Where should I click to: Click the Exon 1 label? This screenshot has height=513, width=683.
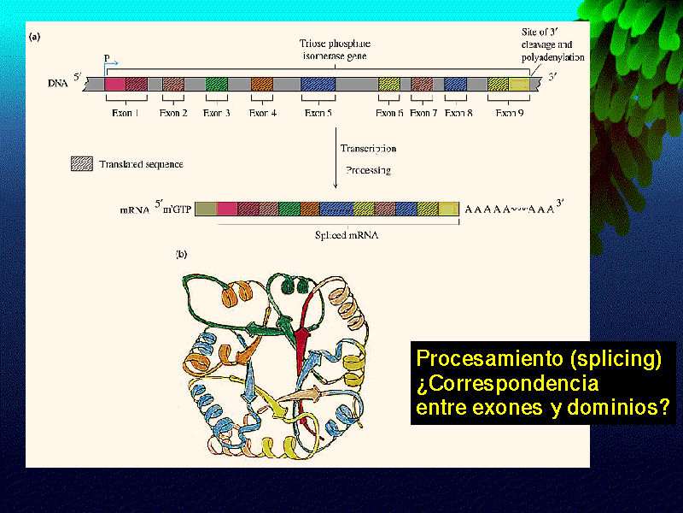point(126,112)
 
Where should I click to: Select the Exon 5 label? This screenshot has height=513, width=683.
point(318,112)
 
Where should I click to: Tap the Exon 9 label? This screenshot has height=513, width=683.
point(509,112)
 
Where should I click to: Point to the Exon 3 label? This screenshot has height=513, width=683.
point(216,112)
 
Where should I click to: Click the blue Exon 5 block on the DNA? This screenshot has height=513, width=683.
point(318,85)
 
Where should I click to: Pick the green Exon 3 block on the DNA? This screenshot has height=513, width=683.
point(216,85)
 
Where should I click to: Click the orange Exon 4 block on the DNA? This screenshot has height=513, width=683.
point(262,85)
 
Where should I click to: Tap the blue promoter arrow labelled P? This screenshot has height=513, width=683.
point(111,64)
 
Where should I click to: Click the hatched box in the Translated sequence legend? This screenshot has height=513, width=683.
point(82,163)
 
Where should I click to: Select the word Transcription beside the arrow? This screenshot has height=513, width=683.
point(368,148)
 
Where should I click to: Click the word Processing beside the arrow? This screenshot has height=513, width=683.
point(368,170)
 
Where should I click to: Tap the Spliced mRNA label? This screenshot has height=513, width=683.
point(327,233)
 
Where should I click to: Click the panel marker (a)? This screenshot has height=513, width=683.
point(35,37)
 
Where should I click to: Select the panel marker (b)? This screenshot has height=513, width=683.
point(181,253)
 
